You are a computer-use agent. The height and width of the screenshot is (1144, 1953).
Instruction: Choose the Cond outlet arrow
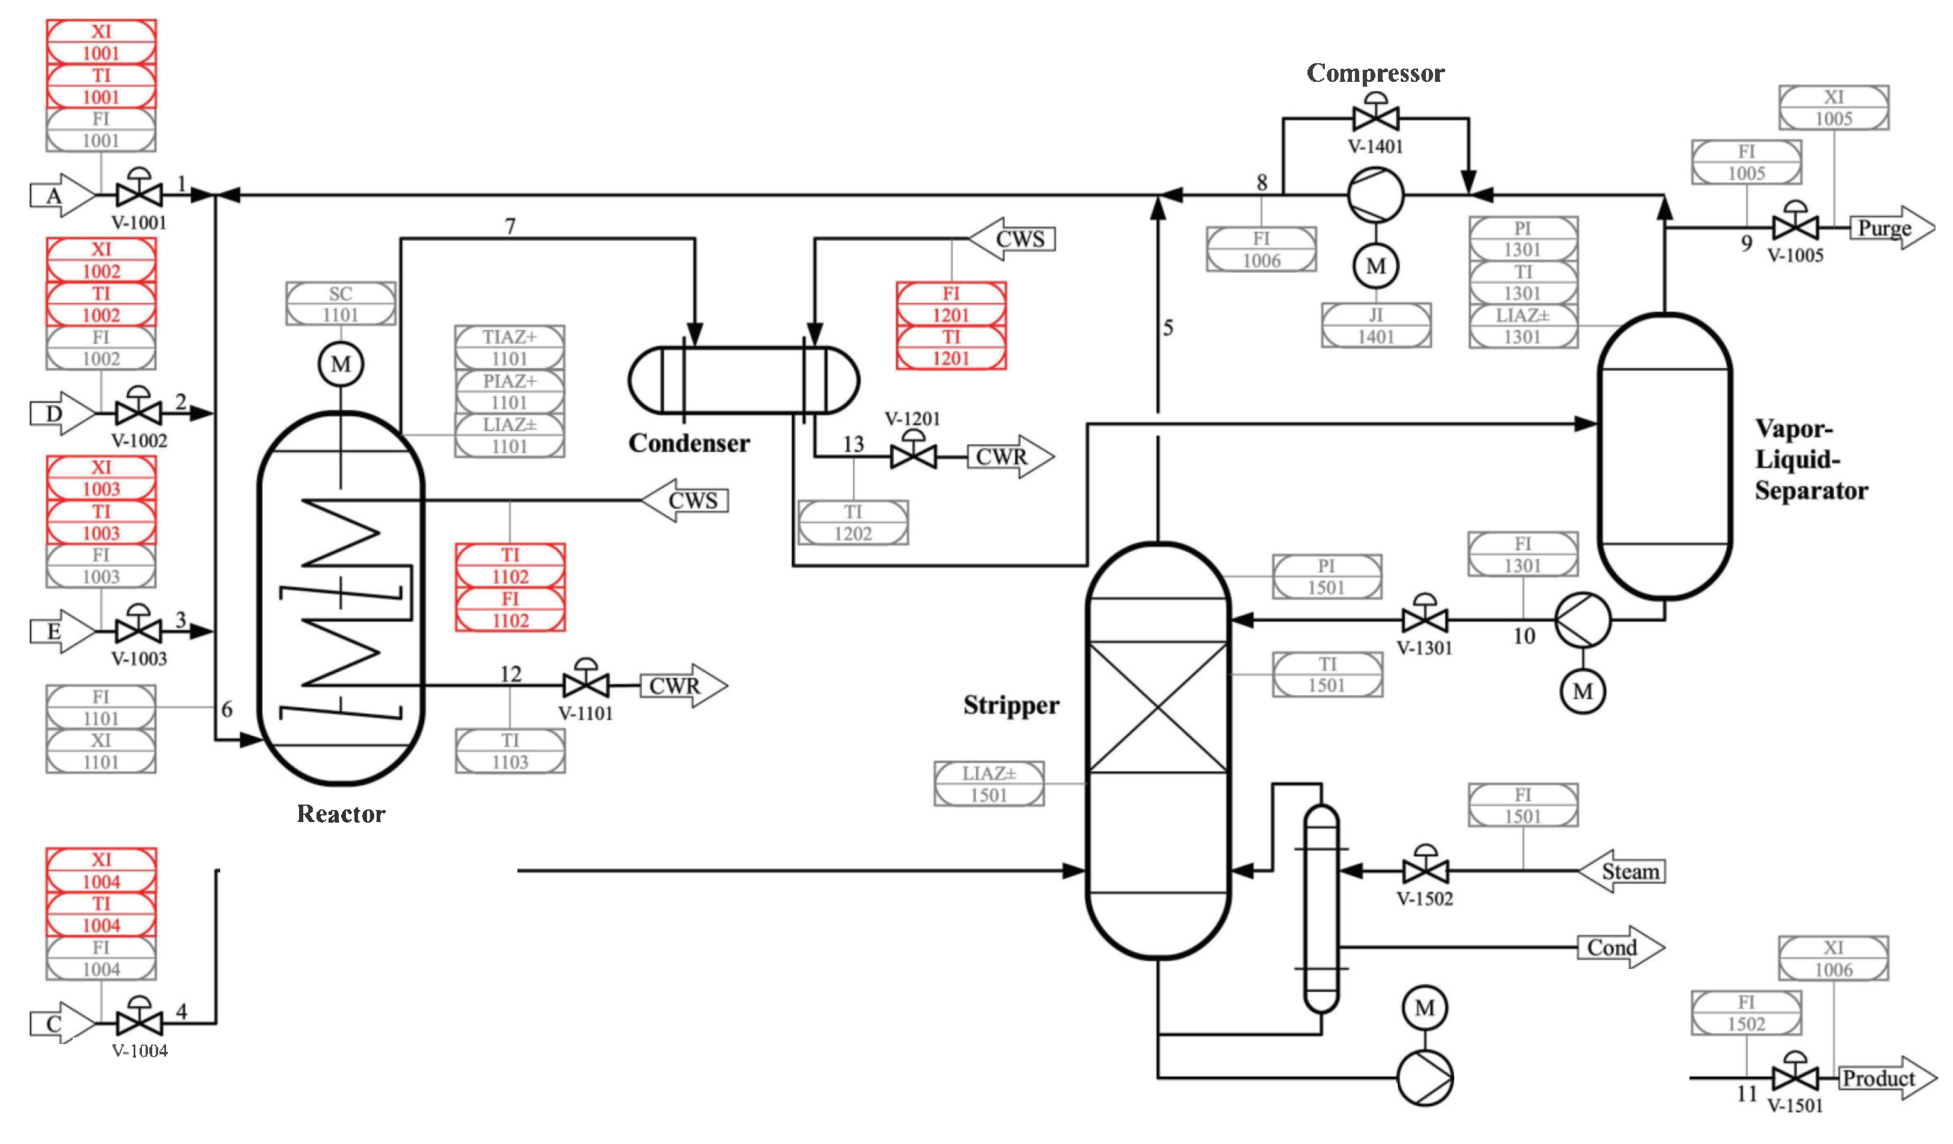click(x=1620, y=947)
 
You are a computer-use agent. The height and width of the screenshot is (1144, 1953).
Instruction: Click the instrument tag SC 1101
click(x=340, y=304)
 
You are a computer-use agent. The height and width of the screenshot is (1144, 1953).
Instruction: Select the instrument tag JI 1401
click(x=1375, y=326)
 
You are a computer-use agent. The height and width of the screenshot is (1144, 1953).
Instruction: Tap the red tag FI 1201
click(x=951, y=304)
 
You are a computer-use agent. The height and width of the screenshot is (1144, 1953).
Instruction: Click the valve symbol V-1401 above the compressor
click(x=1375, y=118)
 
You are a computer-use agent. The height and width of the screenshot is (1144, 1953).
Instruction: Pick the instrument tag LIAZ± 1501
click(x=988, y=784)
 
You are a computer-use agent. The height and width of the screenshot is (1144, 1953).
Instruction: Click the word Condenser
click(x=689, y=444)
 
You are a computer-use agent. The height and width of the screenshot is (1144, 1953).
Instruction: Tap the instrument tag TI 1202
click(x=853, y=522)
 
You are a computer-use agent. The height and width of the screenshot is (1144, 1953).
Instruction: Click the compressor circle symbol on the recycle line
click(x=1375, y=196)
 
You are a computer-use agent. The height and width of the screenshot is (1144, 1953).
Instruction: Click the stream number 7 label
click(x=510, y=226)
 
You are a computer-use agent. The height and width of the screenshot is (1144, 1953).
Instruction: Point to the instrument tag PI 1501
click(x=1326, y=577)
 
